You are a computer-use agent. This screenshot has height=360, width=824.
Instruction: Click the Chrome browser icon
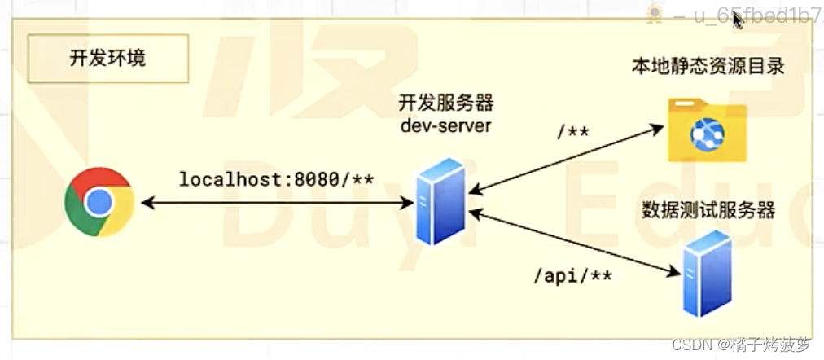tap(99, 201)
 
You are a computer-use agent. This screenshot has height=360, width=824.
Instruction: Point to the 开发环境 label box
tap(108, 59)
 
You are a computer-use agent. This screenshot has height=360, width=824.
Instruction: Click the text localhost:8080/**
tap(276, 179)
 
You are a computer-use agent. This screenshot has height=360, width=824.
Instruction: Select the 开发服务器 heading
tap(445, 104)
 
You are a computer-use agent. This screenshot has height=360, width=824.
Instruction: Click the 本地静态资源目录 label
tap(707, 67)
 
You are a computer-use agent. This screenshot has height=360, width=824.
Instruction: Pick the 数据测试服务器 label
tap(707, 210)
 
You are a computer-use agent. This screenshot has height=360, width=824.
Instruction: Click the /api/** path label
tap(572, 275)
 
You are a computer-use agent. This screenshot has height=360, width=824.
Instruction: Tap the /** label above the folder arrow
tap(572, 132)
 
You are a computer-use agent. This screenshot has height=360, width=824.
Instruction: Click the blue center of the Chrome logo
tap(99, 201)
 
